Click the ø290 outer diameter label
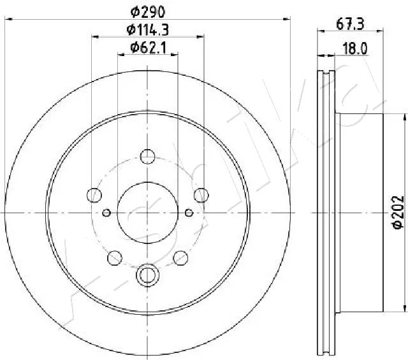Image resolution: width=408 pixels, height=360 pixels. click(x=148, y=12)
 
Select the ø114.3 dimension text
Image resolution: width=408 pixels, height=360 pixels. click(x=148, y=30)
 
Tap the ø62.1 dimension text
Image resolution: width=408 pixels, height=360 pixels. click(x=148, y=48)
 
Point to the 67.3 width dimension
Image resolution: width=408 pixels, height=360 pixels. click(x=350, y=24)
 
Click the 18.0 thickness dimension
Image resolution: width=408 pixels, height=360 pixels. click(x=355, y=48)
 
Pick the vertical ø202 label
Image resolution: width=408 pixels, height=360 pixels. click(x=398, y=212)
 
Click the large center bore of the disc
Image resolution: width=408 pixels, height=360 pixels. click(x=147, y=213)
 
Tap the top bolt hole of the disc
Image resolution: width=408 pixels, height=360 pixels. click(x=147, y=157)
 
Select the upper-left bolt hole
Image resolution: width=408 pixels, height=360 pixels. click(x=94, y=195)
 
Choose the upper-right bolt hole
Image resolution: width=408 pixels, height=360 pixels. click(x=201, y=195)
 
